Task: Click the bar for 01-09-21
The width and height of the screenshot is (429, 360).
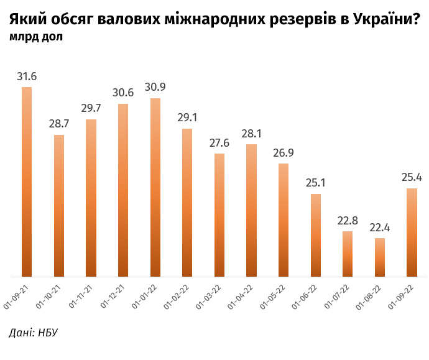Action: [x=27, y=182]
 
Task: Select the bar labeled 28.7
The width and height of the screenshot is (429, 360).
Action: [x=59, y=205]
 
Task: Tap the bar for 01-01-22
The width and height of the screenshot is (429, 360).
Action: [x=155, y=187]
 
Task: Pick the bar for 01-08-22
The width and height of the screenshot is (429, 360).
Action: [x=379, y=257]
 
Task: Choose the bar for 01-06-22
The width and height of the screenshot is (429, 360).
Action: [x=315, y=235]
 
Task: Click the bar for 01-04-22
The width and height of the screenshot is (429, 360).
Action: [x=251, y=210]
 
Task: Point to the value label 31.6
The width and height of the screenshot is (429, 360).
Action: [x=27, y=77]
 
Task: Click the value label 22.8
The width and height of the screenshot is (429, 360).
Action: [x=347, y=221]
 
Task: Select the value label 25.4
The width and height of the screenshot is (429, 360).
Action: [x=411, y=178]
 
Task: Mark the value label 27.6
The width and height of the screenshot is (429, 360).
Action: [x=219, y=143]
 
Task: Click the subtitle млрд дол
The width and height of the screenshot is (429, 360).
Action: [x=36, y=37]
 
